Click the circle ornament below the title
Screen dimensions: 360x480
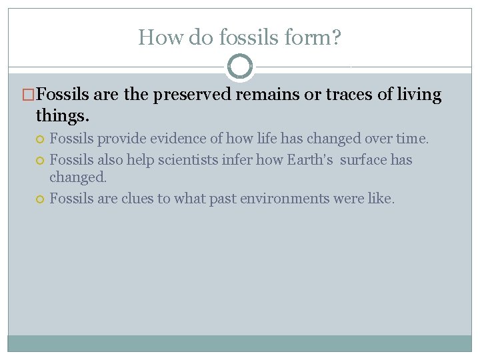(240, 67)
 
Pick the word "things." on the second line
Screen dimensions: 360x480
(62, 116)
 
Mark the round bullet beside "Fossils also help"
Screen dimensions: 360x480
(41, 161)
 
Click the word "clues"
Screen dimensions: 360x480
(137, 198)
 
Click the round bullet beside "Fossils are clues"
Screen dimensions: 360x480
(41, 199)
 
